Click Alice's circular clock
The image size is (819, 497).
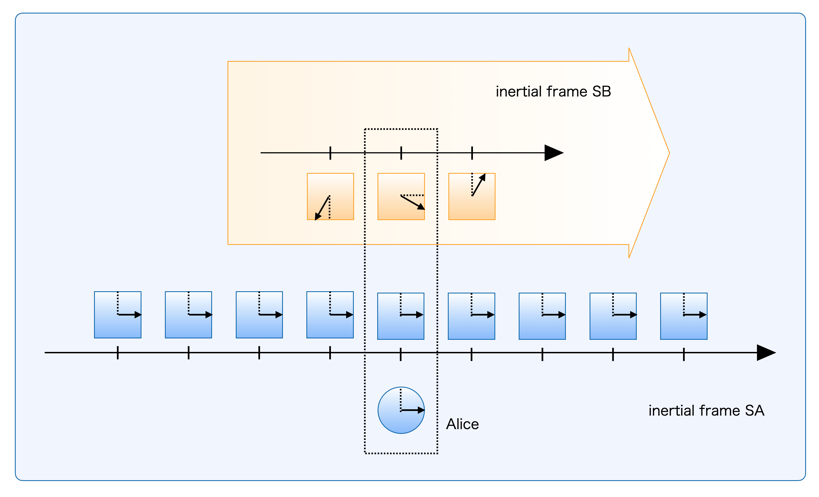401,410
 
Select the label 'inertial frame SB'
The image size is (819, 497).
553,91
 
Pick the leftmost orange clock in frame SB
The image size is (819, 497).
330,196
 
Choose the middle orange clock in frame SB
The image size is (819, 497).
401,196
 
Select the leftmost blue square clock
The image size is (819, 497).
118,314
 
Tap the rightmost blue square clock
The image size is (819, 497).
684,316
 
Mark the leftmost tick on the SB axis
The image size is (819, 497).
330,153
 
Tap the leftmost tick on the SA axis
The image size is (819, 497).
118,352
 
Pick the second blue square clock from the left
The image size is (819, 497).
188,314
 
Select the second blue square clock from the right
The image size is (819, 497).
613,316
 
